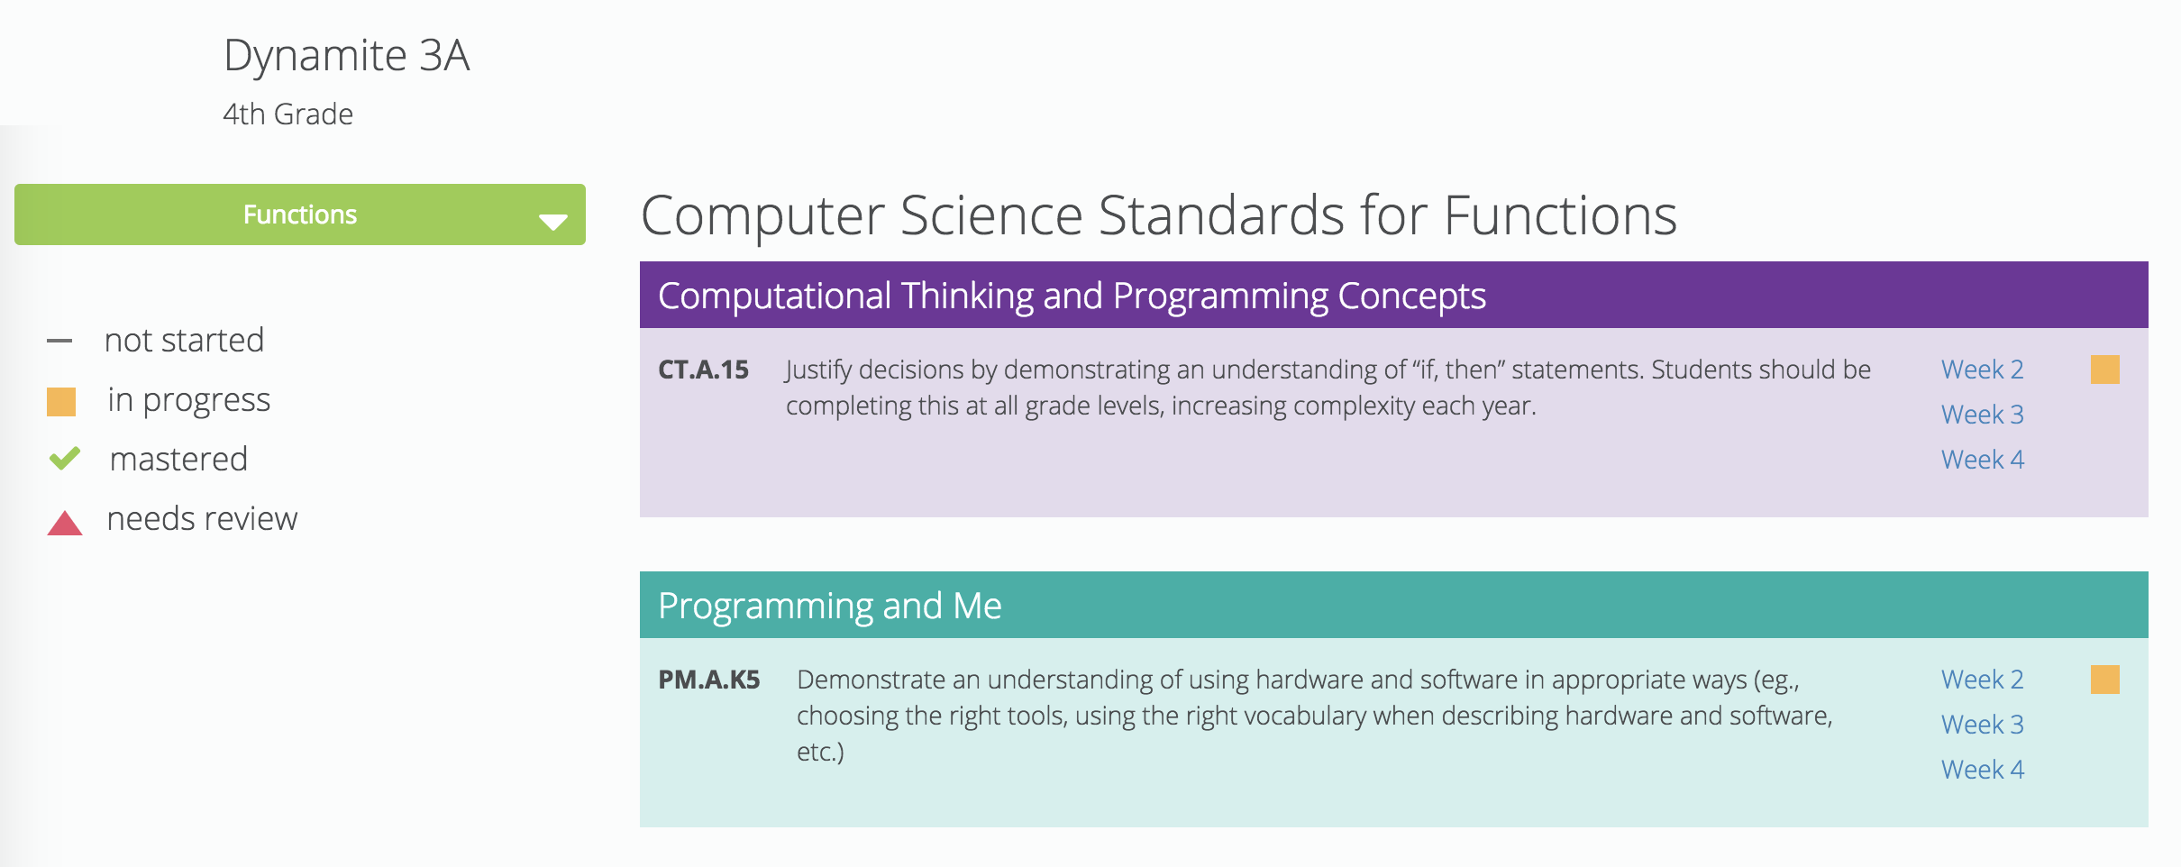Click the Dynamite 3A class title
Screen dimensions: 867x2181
pyautogui.click(x=346, y=56)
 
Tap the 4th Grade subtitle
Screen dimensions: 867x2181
pyautogui.click(x=287, y=114)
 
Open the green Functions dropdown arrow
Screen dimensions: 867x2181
pyautogui.click(x=552, y=221)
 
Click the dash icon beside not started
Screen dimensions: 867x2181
pyautogui.click(x=59, y=341)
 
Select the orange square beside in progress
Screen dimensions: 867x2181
pyautogui.click(x=61, y=401)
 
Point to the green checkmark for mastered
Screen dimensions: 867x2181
pyautogui.click(x=64, y=459)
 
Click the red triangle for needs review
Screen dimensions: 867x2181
pyautogui.click(x=64, y=523)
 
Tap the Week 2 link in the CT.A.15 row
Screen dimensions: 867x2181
pyautogui.click(x=1982, y=370)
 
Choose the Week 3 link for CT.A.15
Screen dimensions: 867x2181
pyautogui.click(x=1982, y=415)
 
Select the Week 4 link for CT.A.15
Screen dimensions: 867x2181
pyautogui.click(x=1982, y=460)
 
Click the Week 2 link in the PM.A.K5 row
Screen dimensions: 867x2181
pyautogui.click(x=1982, y=680)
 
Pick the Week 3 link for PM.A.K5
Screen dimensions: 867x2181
pyautogui.click(x=1982, y=725)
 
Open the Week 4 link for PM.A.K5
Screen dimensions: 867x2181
pyautogui.click(x=1982, y=770)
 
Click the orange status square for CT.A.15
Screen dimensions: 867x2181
pyautogui.click(x=2104, y=370)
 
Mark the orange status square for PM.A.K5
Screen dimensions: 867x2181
pyautogui.click(x=2104, y=680)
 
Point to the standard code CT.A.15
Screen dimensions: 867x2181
pyautogui.click(x=703, y=370)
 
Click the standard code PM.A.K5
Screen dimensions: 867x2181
pyautogui.click(x=708, y=680)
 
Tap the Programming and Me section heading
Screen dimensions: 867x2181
pyautogui.click(x=829, y=606)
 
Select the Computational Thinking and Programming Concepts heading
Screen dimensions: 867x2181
pyautogui.click(x=1072, y=296)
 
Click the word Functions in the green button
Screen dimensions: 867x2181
pyautogui.click(x=299, y=214)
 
